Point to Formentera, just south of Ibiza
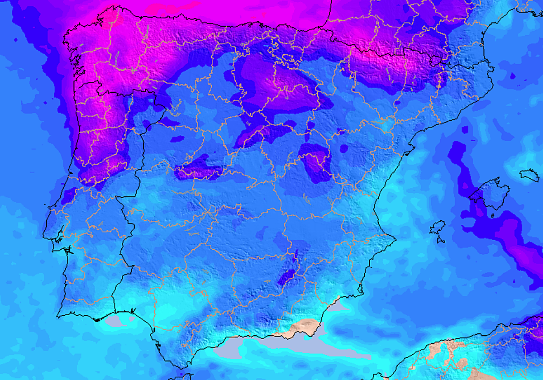pos(440,239)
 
